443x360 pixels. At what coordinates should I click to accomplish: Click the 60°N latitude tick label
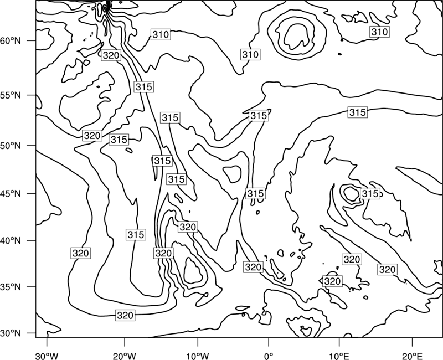pyautogui.click(x=11, y=41)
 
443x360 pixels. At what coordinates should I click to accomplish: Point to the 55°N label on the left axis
pyautogui.click(x=11, y=95)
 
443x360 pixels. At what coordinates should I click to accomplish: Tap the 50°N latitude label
pyautogui.click(x=11, y=146)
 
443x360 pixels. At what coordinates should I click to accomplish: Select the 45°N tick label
pyautogui.click(x=11, y=193)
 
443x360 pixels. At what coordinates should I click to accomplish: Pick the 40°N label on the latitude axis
pyautogui.click(x=11, y=241)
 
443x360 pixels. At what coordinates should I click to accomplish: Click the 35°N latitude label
pyautogui.click(x=11, y=287)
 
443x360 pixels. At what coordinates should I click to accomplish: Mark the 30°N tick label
pyautogui.click(x=11, y=333)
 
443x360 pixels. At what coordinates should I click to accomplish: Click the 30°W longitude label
pyautogui.click(x=47, y=356)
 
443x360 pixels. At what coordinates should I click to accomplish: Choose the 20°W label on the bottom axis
pyautogui.click(x=125, y=356)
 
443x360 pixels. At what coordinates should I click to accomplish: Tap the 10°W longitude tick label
pyautogui.click(x=198, y=356)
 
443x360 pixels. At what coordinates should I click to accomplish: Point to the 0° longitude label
pyautogui.click(x=269, y=356)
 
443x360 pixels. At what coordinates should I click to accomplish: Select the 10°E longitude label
pyautogui.click(x=339, y=356)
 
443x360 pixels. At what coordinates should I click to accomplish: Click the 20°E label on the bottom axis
pyautogui.click(x=412, y=356)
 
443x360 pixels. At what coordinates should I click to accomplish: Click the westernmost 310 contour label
pyautogui.click(x=161, y=34)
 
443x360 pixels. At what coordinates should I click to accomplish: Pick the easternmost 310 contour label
pyautogui.click(x=379, y=32)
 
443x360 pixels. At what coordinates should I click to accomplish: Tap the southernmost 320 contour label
pyautogui.click(x=125, y=315)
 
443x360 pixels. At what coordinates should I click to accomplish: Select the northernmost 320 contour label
pyautogui.click(x=111, y=55)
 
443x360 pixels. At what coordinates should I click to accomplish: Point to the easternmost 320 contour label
pyautogui.click(x=387, y=269)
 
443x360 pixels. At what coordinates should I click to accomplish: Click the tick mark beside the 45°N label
pyautogui.click(x=32, y=193)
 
